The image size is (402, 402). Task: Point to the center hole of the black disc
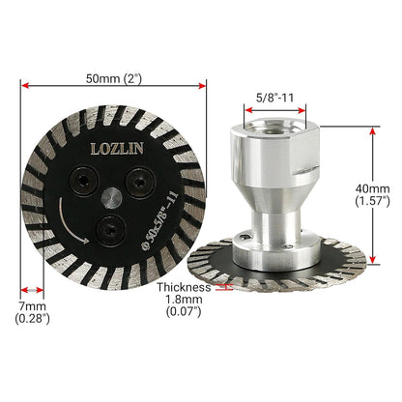pos(112,196)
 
